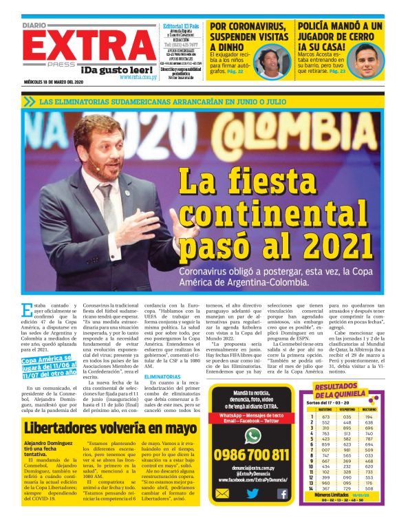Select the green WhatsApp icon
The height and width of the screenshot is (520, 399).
point(252,435)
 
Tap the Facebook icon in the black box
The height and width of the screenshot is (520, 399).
point(282,493)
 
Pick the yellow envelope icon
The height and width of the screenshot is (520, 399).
point(222,493)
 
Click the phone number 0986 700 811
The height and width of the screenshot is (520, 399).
point(252,455)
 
